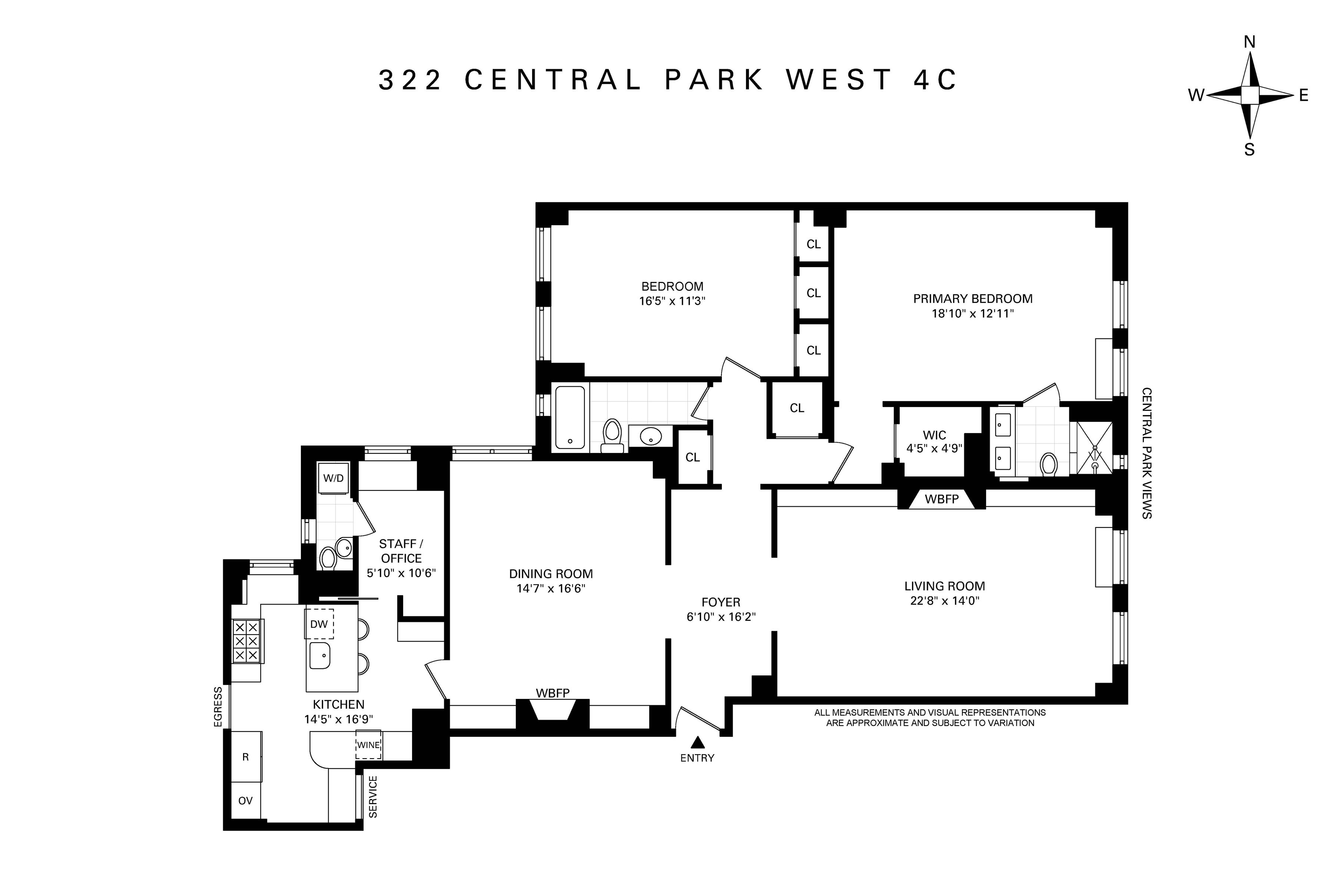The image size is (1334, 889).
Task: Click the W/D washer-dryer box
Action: click(x=333, y=477)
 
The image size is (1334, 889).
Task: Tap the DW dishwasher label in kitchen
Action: click(x=319, y=624)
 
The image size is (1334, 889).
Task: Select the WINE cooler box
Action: click(x=368, y=745)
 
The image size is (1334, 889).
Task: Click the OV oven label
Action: click(x=245, y=800)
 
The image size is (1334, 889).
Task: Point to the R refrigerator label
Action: click(x=246, y=757)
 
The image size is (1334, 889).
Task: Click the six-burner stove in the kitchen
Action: click(x=246, y=641)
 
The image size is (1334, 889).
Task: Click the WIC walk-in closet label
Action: click(x=934, y=435)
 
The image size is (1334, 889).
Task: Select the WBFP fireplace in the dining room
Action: click(x=553, y=709)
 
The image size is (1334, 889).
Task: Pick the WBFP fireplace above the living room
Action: click(x=942, y=499)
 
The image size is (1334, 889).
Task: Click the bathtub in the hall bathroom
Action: click(x=570, y=417)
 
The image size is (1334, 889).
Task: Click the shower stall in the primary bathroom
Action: click(x=1094, y=447)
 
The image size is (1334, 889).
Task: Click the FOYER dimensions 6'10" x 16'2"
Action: click(x=721, y=617)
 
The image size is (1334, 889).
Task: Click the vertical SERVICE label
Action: click(x=373, y=797)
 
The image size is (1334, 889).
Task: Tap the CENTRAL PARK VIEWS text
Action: click(x=1146, y=453)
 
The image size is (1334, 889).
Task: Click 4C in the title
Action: click(x=935, y=80)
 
